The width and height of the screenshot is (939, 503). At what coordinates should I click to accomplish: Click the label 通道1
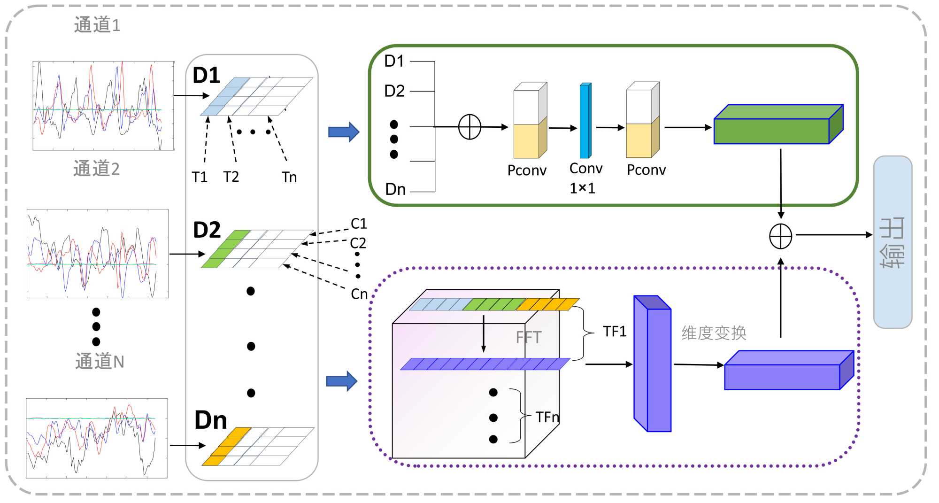tap(97, 25)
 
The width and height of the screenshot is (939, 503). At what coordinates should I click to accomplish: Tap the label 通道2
tap(96, 169)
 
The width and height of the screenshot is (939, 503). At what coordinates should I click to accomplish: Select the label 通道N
tap(100, 362)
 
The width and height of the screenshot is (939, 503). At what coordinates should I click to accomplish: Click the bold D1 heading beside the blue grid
tap(207, 76)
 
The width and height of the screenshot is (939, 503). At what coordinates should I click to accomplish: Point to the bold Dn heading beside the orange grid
tap(211, 420)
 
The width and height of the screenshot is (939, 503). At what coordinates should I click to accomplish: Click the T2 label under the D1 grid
tap(231, 177)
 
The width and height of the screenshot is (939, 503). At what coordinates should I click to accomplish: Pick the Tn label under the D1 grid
tap(289, 177)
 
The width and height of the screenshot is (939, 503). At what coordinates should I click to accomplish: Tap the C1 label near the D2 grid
tap(359, 224)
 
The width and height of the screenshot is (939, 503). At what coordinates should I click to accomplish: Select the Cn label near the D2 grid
tap(359, 294)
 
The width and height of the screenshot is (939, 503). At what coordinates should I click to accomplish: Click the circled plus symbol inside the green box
tap(469, 127)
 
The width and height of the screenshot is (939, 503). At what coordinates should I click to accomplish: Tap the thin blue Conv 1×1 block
tap(585, 121)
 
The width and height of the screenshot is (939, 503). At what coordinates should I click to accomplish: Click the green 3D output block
tap(778, 124)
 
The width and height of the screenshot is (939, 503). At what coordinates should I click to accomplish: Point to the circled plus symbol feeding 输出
tap(781, 236)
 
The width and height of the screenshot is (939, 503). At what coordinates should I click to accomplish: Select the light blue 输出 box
tap(893, 242)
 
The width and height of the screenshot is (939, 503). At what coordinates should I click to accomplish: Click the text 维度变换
tap(714, 333)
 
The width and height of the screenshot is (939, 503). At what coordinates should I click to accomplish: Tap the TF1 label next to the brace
tap(615, 332)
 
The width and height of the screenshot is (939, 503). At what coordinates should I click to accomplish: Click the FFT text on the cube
tap(529, 337)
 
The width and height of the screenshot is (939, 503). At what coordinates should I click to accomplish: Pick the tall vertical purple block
tap(652, 364)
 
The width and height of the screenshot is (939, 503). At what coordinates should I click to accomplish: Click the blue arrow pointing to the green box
tap(344, 132)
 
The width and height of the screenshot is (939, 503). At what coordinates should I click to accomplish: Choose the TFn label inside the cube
tap(547, 417)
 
